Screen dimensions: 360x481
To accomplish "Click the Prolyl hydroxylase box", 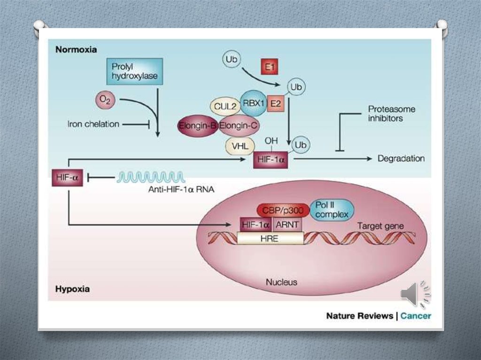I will pyautogui.click(x=135, y=71).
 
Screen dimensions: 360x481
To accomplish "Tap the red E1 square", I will pyautogui.click(x=269, y=66).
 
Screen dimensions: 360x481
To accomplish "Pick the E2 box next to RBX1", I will pyautogui.click(x=275, y=104).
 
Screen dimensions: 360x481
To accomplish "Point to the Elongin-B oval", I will pyautogui.click(x=196, y=125).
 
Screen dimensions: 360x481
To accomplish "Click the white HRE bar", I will pyautogui.click(x=270, y=238).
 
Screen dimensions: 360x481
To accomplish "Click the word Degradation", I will pyautogui.click(x=401, y=159).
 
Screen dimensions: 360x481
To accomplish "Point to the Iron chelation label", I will pyautogui.click(x=93, y=124).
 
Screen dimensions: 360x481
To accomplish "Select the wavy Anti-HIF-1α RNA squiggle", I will pyautogui.click(x=150, y=177).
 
